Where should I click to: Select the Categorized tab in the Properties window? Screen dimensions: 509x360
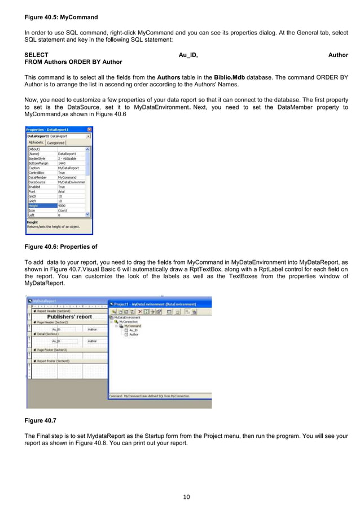[x=55, y=143]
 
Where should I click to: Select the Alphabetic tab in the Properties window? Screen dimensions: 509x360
[x=36, y=143]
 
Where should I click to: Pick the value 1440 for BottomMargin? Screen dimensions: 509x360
[x=62, y=163]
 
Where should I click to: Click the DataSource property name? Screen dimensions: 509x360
[x=37, y=182]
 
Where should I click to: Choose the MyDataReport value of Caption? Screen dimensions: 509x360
[x=68, y=168]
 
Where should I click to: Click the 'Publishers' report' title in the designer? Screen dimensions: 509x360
[x=69, y=317]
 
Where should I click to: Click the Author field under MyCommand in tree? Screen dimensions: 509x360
[x=134, y=335]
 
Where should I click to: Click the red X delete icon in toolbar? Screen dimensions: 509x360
[x=139, y=311]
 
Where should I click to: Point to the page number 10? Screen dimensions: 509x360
[x=186, y=497]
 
